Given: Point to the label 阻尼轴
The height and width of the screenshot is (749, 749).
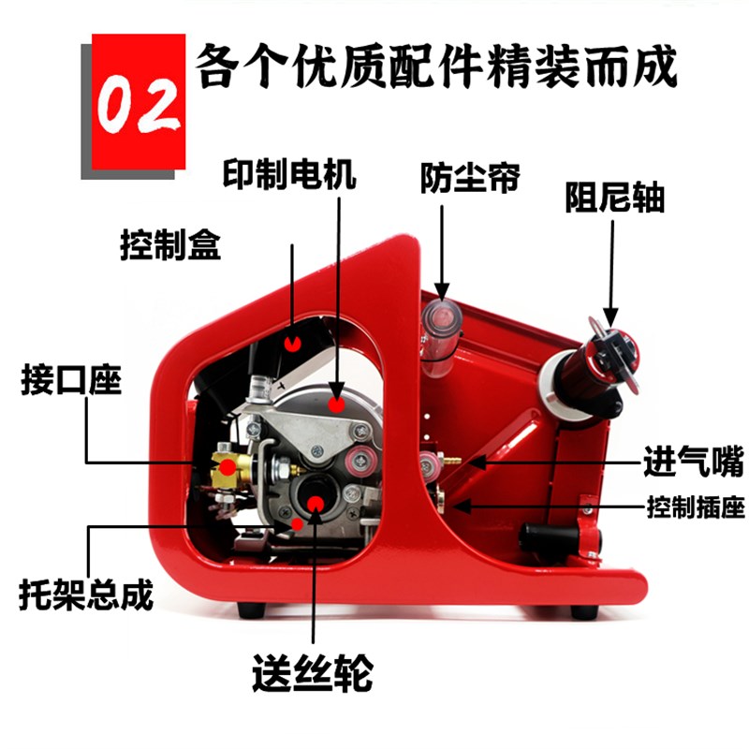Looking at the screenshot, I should click(614, 198).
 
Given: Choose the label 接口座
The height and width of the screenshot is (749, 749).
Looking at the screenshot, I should click(71, 384).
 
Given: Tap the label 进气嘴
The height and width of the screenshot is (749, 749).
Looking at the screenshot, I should click(693, 462).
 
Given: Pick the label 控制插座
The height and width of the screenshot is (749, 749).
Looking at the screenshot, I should click(695, 508).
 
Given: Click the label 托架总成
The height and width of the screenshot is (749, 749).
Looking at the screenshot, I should click(85, 595).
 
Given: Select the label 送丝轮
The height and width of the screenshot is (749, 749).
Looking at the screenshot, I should click(313, 670).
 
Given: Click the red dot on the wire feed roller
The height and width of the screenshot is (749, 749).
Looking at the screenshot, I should click(313, 506).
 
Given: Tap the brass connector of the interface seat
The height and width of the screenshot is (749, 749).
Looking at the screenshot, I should click(226, 465).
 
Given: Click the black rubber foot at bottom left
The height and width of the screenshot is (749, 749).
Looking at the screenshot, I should click(249, 609).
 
